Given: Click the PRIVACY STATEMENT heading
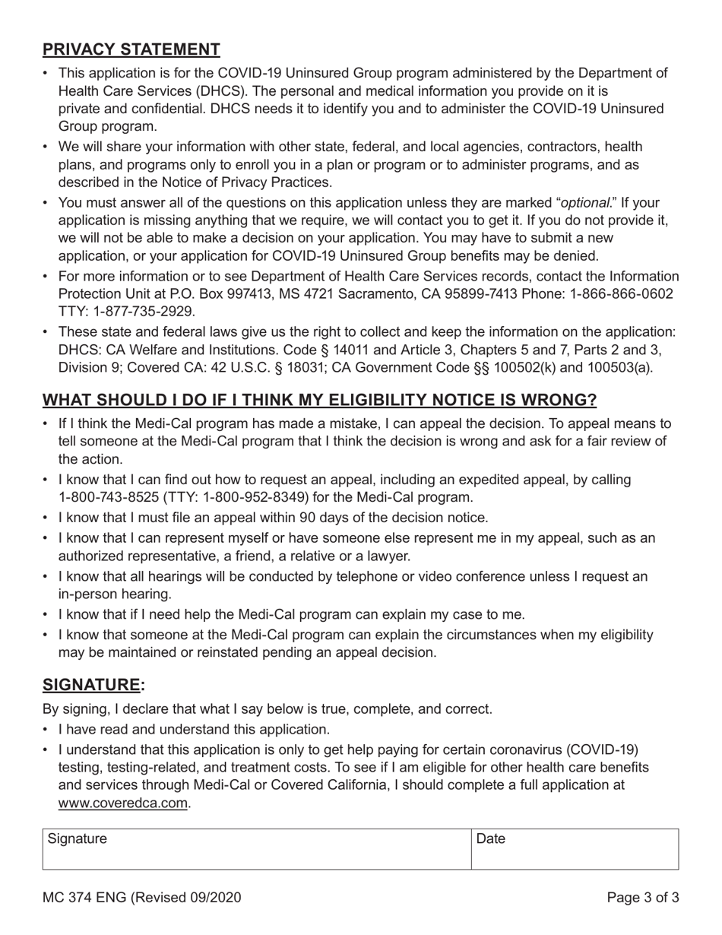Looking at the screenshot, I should coord(131,49).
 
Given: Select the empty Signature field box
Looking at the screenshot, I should coord(257,849).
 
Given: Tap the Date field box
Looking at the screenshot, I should coord(575,849).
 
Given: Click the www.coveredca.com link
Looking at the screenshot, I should coord(123,803).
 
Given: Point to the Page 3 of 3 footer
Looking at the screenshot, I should coord(643,898).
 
